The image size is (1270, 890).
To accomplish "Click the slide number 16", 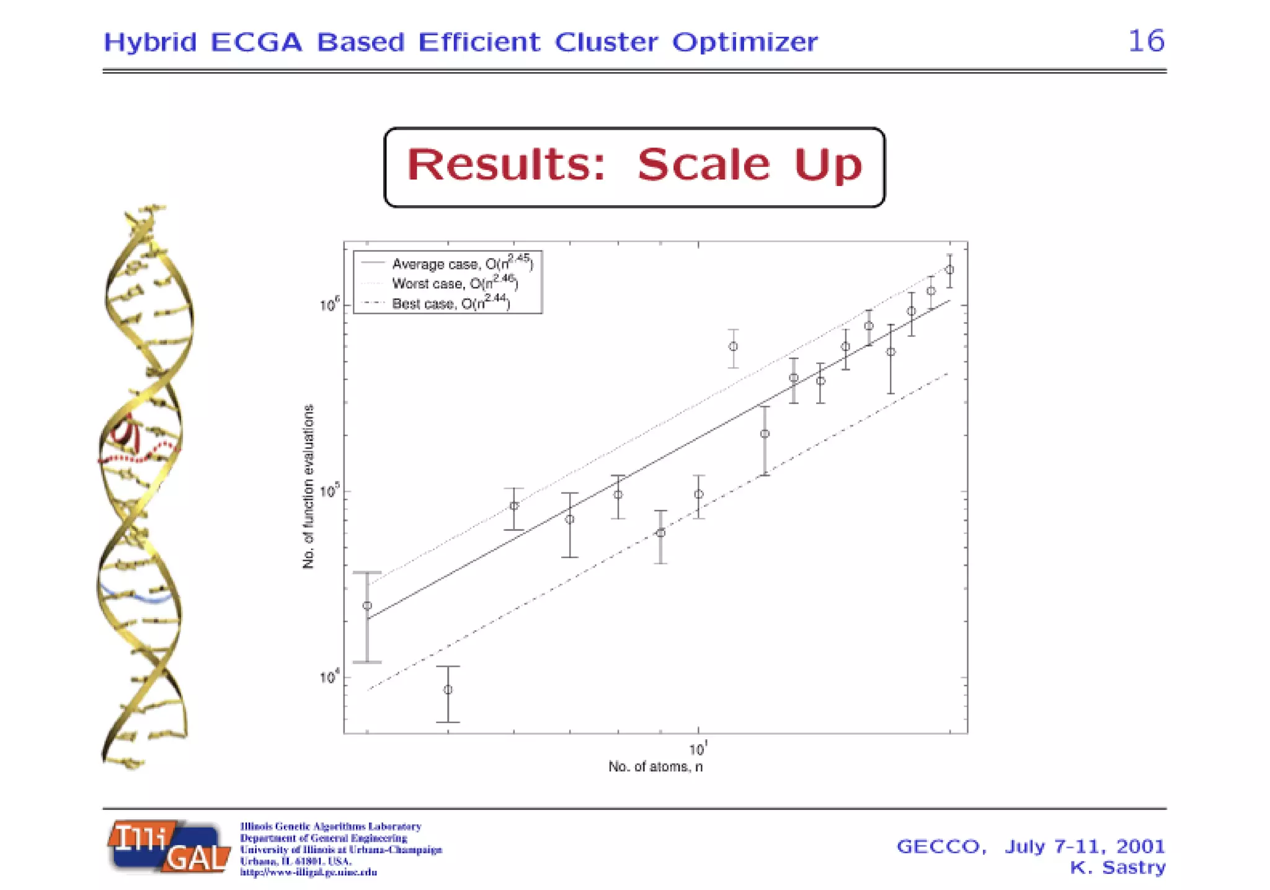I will point(1146,41).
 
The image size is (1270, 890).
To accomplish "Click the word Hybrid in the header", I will point(150,42).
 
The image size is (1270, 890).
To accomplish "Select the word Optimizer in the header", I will point(745,42).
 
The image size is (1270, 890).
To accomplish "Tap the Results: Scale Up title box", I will point(634,166).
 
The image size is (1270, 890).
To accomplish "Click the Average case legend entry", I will point(461,263).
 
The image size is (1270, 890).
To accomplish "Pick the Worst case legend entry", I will point(454,283).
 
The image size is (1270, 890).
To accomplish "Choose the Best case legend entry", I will point(450,303).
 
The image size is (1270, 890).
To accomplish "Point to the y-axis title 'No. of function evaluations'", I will point(308,486).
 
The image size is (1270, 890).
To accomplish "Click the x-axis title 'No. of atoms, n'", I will point(655,767).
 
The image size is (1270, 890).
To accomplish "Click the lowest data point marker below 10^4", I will point(448,690).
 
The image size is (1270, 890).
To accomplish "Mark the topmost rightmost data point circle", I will point(949,270).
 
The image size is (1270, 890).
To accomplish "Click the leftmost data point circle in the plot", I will point(367,605).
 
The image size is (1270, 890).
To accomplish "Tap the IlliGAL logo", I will point(169,847).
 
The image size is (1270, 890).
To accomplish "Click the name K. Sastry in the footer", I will point(1117,867).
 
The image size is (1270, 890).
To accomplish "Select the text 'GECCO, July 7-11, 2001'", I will point(1031,846).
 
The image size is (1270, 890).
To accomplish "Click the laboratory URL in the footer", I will point(308,872).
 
